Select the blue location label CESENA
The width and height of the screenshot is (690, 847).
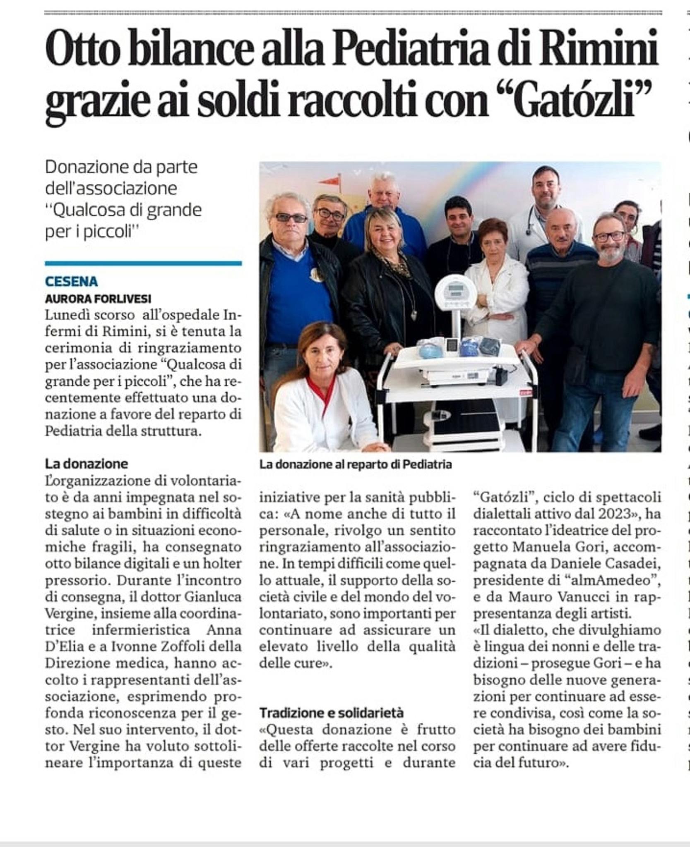pos(71,282)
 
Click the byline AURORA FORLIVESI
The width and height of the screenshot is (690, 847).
pos(98,299)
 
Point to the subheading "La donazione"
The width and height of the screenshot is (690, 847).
pos(87,464)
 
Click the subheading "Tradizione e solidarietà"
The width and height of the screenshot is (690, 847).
pos(331,713)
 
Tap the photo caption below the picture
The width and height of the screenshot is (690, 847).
pos(355,465)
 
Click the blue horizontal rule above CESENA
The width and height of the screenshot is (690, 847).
pos(143,263)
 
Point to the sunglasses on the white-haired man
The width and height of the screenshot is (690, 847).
pos(291,218)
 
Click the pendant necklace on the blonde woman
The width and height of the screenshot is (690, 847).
pos(413,314)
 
